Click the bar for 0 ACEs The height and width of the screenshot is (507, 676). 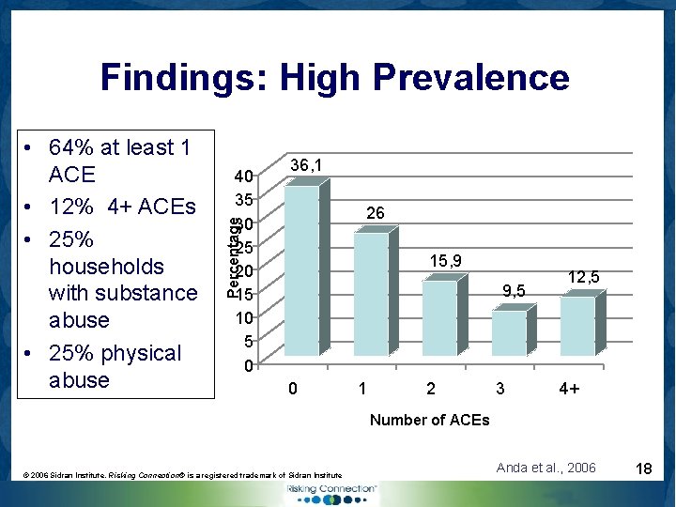[301, 271]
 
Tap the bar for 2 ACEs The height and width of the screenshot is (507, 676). [439, 318]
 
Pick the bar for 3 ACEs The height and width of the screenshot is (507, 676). [509, 332]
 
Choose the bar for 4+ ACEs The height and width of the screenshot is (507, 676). [578, 325]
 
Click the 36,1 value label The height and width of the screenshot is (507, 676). [307, 165]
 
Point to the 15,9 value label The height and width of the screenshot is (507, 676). [445, 260]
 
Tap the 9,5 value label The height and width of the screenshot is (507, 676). [514, 290]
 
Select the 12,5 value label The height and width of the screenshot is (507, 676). [583, 276]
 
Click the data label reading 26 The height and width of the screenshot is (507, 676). [375, 214]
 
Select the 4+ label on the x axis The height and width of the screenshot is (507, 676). [568, 388]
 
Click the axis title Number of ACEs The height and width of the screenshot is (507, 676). [429, 420]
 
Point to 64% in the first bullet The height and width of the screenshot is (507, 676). [71, 147]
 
